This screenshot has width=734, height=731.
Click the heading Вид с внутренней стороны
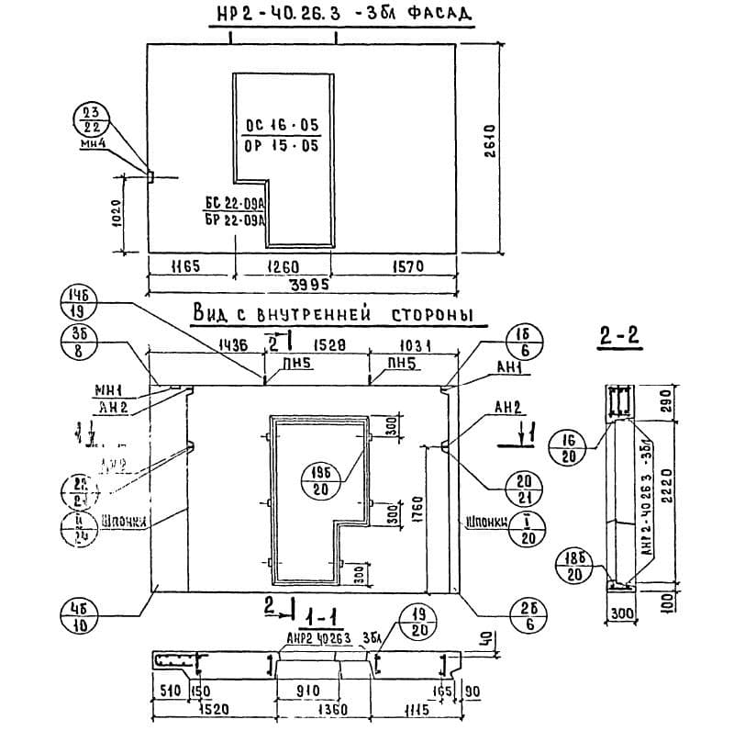(x=332, y=314)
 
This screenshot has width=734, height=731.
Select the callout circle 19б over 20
(x=320, y=479)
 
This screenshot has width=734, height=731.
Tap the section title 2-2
(x=619, y=340)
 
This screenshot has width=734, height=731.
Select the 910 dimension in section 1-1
(x=309, y=690)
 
